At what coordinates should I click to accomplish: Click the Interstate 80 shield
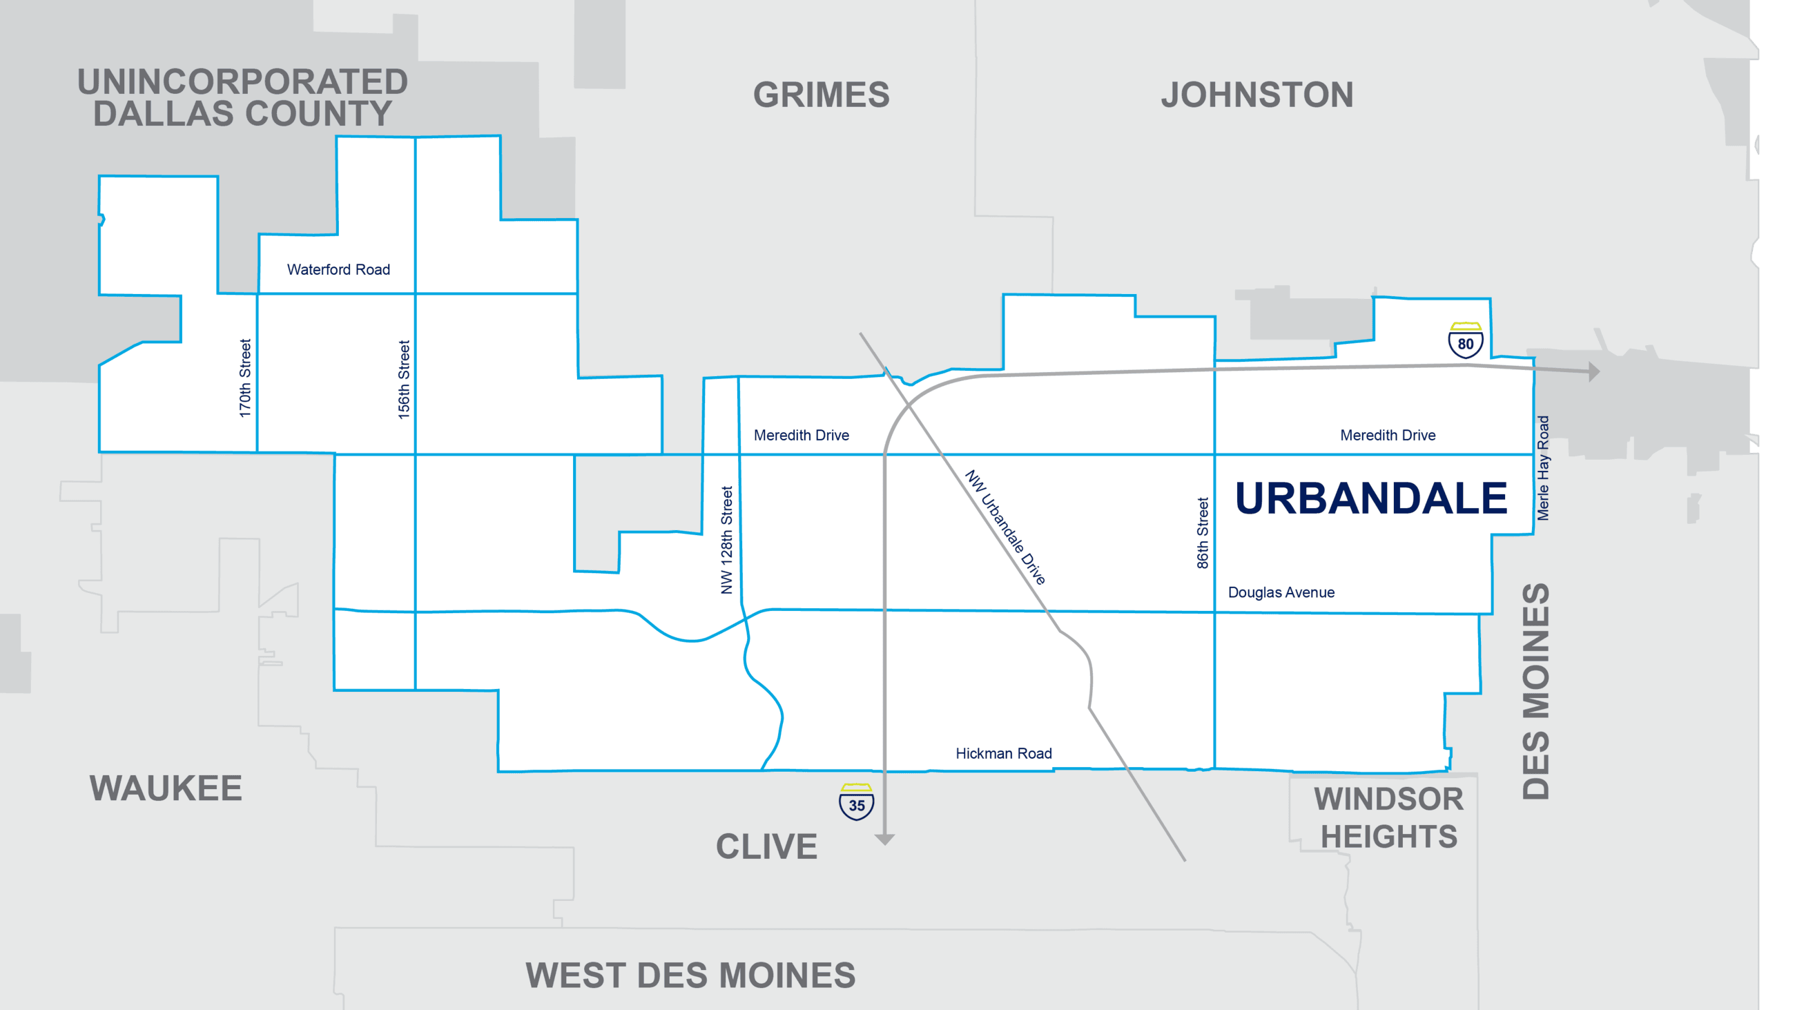click(1465, 341)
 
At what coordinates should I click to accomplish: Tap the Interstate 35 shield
click(856, 803)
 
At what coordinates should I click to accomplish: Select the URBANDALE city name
click(1370, 498)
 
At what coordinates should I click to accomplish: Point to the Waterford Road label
click(339, 270)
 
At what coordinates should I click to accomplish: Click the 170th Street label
click(244, 378)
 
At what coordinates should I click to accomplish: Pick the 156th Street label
click(403, 380)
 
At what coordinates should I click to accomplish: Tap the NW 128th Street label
click(727, 540)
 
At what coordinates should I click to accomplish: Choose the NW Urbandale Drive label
click(1005, 527)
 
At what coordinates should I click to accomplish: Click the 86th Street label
click(1203, 533)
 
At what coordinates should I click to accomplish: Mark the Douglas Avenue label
click(1281, 592)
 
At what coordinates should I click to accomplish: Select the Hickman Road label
click(1003, 753)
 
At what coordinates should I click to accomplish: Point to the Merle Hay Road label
click(1544, 468)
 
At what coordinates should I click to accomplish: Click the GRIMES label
click(822, 95)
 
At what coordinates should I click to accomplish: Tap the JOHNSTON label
click(1257, 95)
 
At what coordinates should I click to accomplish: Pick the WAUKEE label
click(166, 788)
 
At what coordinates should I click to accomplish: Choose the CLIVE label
click(766, 847)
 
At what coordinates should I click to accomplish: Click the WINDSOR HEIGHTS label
click(1389, 817)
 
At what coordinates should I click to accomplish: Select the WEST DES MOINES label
click(690, 975)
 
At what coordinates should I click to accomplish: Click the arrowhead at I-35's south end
click(884, 839)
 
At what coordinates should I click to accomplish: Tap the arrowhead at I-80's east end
click(1593, 371)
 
